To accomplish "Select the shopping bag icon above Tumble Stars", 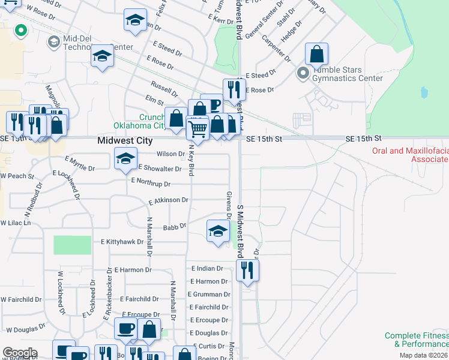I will pyautogui.click(x=316, y=55).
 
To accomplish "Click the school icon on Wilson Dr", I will pyautogui.click(x=125, y=159).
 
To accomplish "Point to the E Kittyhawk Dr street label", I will pyautogui.click(x=122, y=242).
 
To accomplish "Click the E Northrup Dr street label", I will pyautogui.click(x=151, y=181).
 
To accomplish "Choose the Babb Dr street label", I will pyautogui.click(x=175, y=227).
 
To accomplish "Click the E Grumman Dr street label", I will pyautogui.click(x=209, y=295).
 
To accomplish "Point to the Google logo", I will pyautogui.click(x=20, y=353).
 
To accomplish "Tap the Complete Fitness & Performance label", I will pyautogui.click(x=417, y=340).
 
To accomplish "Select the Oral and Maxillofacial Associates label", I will pyautogui.click(x=411, y=155).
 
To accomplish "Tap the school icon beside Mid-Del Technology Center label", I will pyautogui.click(x=103, y=57).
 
